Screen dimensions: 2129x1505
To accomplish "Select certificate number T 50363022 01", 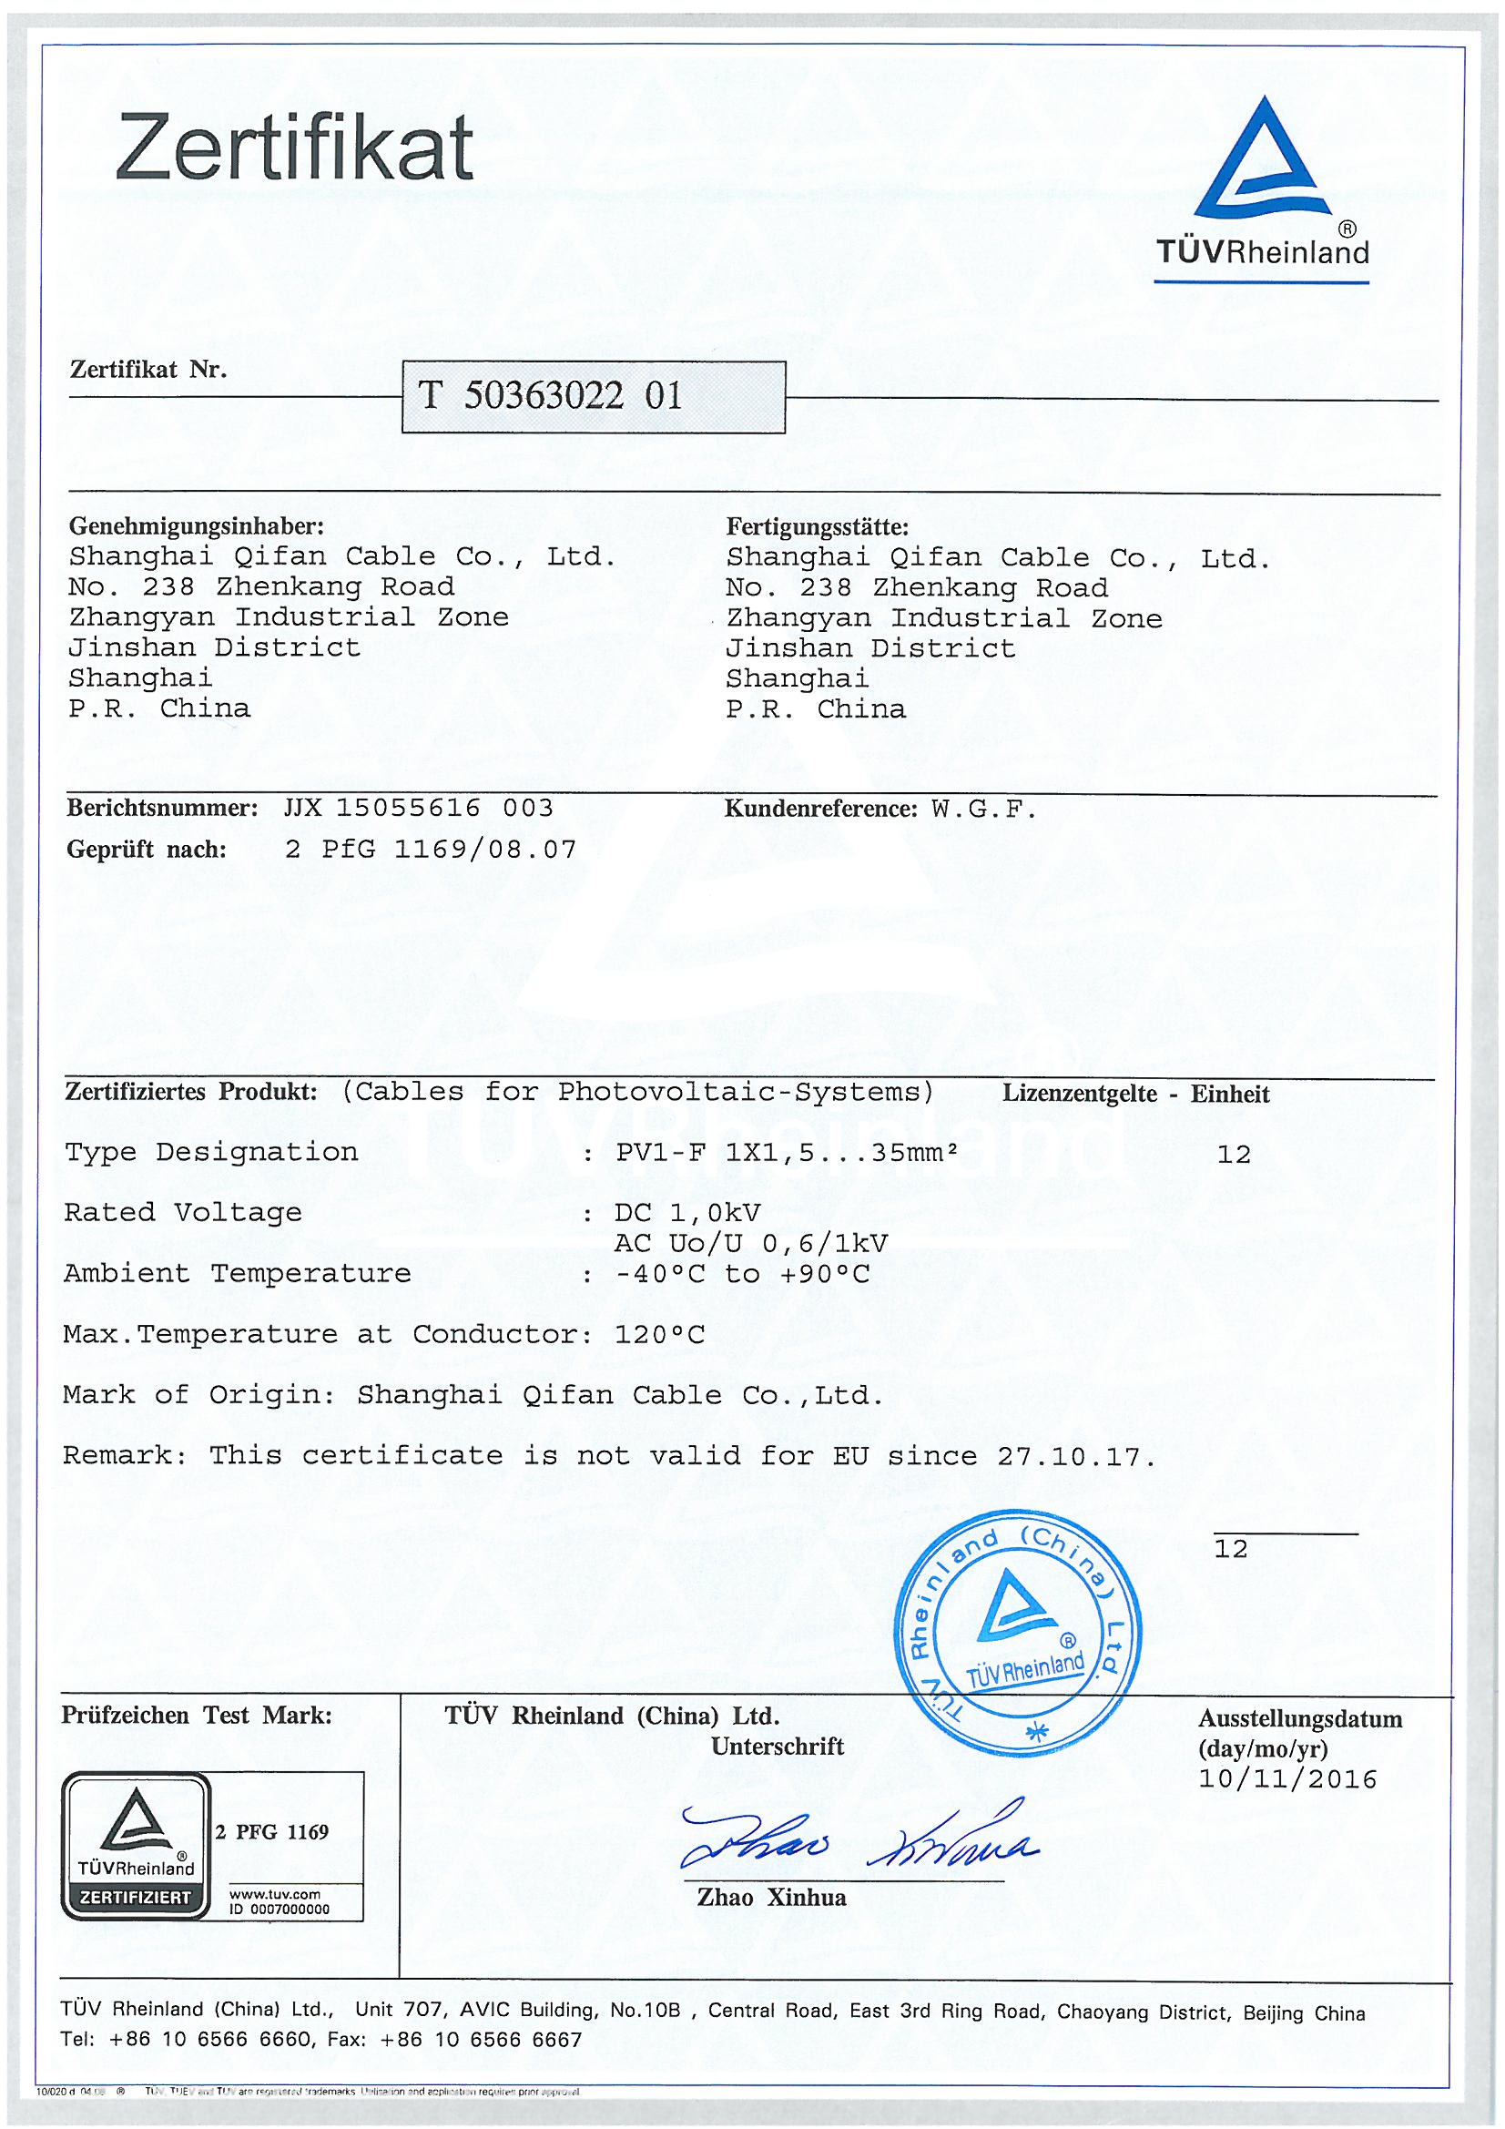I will (551, 396).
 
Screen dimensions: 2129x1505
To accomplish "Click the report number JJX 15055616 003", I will (418, 808).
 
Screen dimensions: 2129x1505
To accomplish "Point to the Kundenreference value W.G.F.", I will (983, 810).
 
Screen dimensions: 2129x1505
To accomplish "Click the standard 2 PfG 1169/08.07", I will (431, 850).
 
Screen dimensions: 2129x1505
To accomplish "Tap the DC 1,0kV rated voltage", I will (687, 1213).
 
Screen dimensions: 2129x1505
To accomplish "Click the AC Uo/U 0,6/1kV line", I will (750, 1244).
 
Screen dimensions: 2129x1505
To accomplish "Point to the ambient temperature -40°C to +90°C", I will (742, 1274).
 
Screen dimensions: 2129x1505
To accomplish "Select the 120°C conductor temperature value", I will (659, 1334).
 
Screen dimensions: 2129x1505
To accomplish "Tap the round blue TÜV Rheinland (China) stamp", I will (1017, 1632).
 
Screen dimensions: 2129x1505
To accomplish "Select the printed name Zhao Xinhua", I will (771, 1898).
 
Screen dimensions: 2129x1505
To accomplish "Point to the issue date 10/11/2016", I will (1287, 1779).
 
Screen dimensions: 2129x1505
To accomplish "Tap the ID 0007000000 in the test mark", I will (280, 1910).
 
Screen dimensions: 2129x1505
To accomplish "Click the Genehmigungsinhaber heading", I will (197, 526).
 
